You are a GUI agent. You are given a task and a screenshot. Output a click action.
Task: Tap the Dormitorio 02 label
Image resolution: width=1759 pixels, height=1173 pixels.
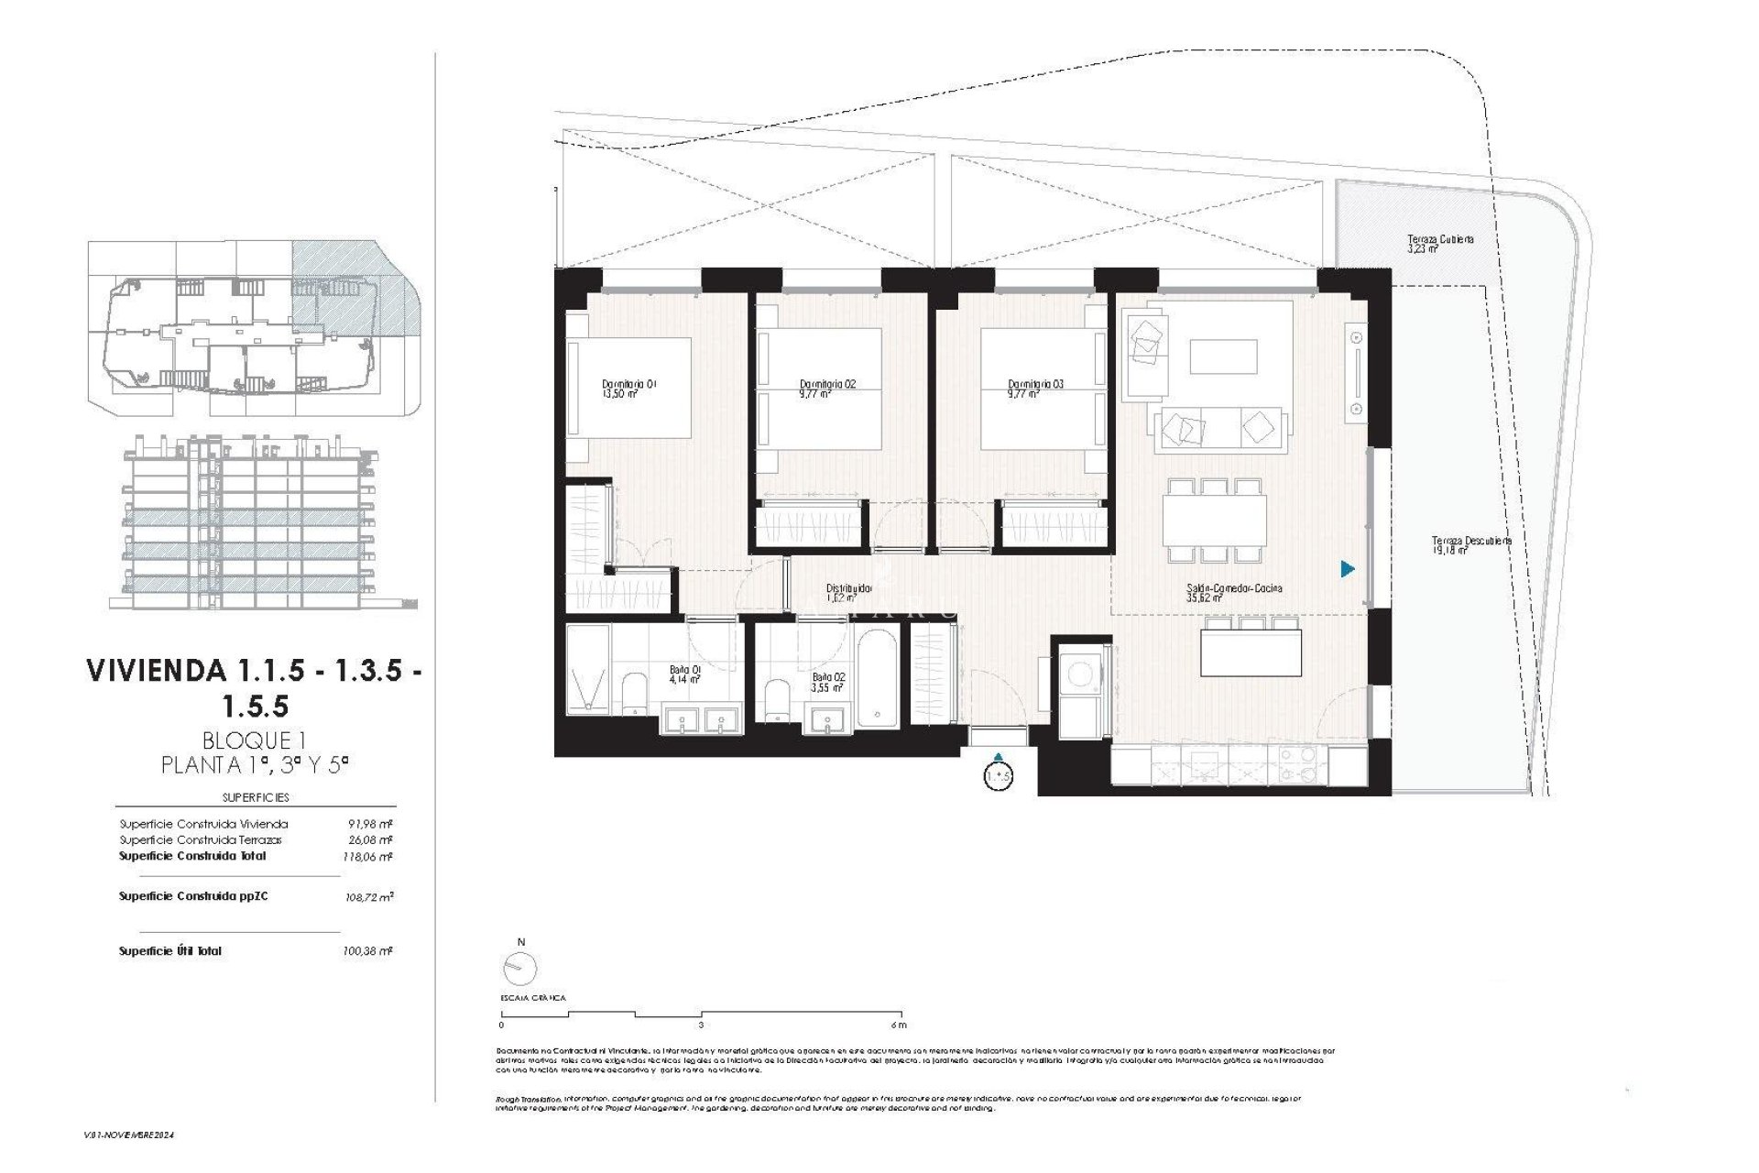[x=826, y=389]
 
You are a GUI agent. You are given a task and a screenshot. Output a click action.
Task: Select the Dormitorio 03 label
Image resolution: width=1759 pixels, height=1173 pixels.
[x=1034, y=389]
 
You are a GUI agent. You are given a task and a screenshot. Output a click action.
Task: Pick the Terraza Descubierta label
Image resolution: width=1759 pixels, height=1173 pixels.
[x=1471, y=545]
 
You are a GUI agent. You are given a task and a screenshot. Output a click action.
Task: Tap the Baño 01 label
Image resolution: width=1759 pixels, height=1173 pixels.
[x=684, y=674]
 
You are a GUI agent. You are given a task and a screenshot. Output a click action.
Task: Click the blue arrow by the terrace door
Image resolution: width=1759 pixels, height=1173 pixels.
[x=1347, y=569]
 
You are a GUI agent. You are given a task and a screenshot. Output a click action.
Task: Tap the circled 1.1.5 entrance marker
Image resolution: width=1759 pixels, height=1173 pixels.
[x=998, y=776]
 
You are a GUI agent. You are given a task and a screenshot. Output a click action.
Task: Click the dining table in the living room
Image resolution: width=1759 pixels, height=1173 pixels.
[x=1215, y=519]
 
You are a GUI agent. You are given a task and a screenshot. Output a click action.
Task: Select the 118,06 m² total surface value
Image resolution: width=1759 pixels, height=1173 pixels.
[x=374, y=857]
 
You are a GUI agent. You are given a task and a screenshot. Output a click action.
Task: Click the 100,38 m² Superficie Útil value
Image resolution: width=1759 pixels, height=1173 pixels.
[x=374, y=951]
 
